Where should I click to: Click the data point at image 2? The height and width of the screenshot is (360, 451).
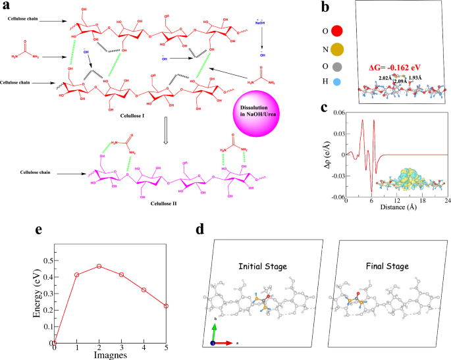tap(99, 266)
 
